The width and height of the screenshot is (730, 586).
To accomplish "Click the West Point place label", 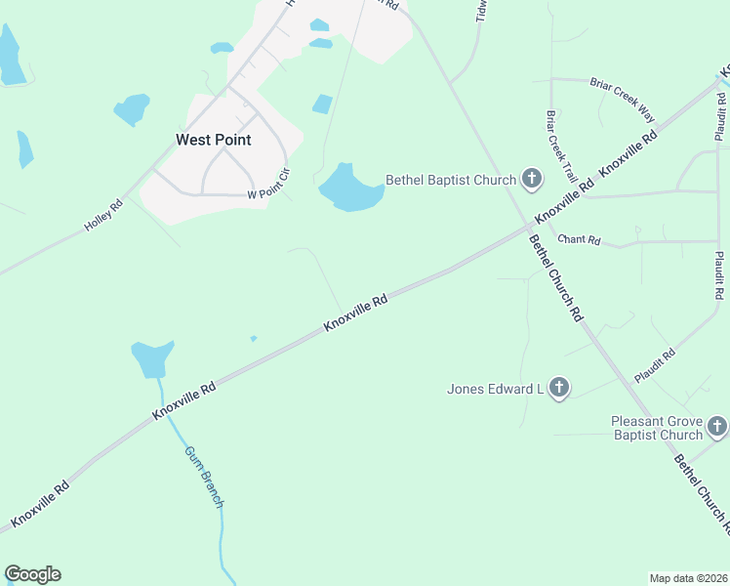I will pyautogui.click(x=213, y=140).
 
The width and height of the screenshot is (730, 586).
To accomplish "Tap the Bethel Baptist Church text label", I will pyautogui.click(x=450, y=180).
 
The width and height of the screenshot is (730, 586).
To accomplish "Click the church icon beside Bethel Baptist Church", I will pyautogui.click(x=531, y=178).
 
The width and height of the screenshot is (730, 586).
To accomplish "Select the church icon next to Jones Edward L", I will pyautogui.click(x=558, y=389).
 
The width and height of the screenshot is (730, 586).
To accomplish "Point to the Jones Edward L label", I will pyautogui.click(x=495, y=389).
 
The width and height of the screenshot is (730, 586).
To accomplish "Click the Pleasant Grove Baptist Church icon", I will pyautogui.click(x=716, y=426).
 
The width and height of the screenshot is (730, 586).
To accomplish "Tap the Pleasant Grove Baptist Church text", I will pyautogui.click(x=657, y=428).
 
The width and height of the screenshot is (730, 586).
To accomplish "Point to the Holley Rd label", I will pyautogui.click(x=103, y=215).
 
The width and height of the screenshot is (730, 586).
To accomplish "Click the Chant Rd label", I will pyautogui.click(x=579, y=239).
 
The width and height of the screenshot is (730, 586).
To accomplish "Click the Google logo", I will pyautogui.click(x=32, y=574).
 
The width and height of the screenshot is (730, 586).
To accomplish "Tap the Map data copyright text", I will pyautogui.click(x=688, y=578).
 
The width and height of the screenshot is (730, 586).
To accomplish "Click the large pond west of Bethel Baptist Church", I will pyautogui.click(x=345, y=188).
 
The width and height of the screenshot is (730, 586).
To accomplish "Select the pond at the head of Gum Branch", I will pyautogui.click(x=151, y=358).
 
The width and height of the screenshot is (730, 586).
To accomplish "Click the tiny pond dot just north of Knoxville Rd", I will pyautogui.click(x=254, y=339).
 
